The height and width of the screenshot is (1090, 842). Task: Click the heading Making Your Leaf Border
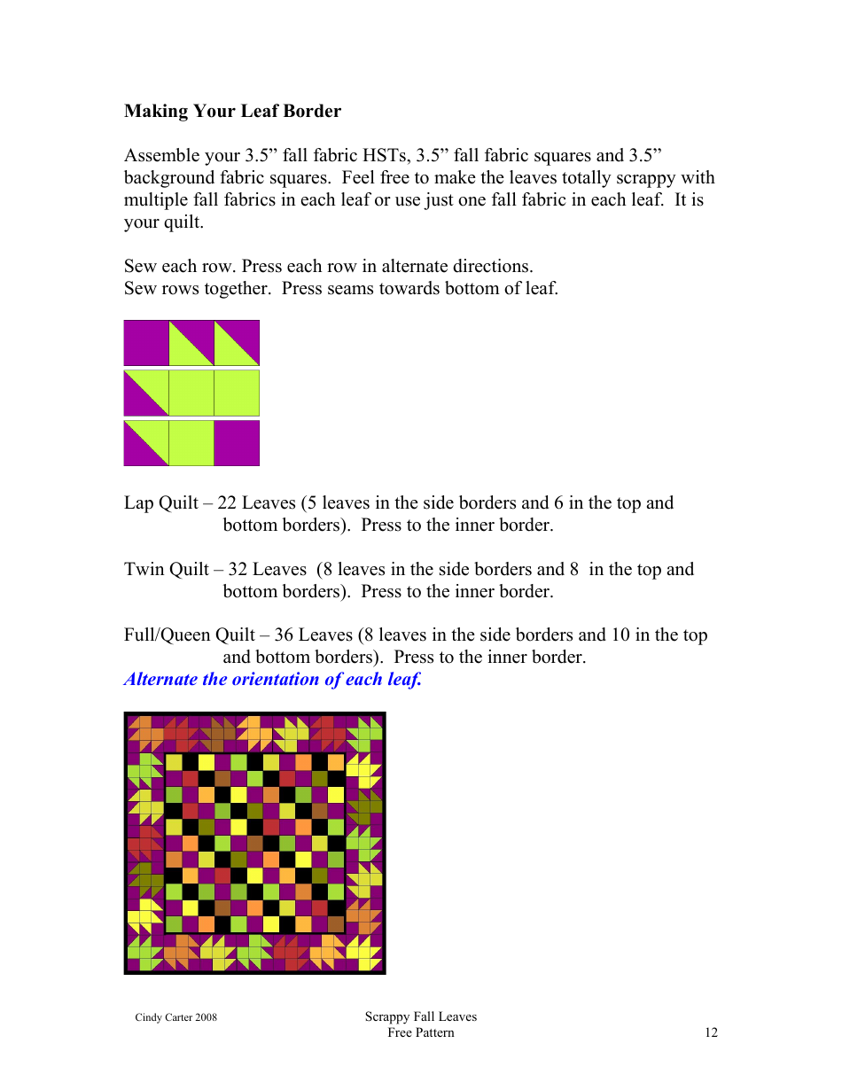pyautogui.click(x=232, y=112)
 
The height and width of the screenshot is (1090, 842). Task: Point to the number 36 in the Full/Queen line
pyautogui.click(x=284, y=635)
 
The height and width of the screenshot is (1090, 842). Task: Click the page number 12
pyautogui.click(x=711, y=1032)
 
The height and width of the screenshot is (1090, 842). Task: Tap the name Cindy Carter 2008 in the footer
pyautogui.click(x=175, y=1017)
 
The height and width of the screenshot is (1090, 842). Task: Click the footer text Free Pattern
pyautogui.click(x=420, y=1032)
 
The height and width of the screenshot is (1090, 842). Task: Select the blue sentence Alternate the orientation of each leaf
pyautogui.click(x=273, y=680)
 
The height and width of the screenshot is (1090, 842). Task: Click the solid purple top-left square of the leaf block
pyautogui.click(x=146, y=343)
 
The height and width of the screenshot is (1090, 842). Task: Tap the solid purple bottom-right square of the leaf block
pyautogui.click(x=237, y=443)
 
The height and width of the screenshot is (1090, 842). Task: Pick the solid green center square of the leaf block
pyautogui.click(x=191, y=393)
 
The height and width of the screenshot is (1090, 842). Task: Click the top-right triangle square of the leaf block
pyautogui.click(x=237, y=343)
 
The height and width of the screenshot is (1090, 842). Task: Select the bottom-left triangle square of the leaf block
pyautogui.click(x=146, y=443)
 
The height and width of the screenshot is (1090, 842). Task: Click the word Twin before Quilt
pyautogui.click(x=144, y=570)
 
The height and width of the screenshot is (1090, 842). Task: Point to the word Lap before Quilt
pyautogui.click(x=140, y=503)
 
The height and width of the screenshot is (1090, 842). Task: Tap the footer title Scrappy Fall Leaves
pyautogui.click(x=420, y=1016)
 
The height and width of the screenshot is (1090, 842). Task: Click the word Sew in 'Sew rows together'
pyautogui.click(x=138, y=289)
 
